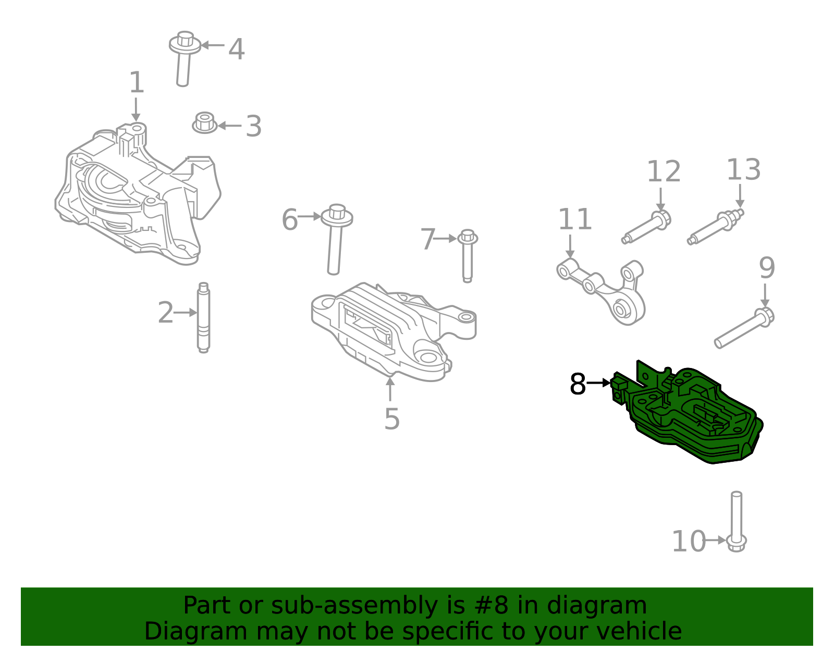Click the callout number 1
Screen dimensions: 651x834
click(x=137, y=83)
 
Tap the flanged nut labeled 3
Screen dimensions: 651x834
click(x=204, y=123)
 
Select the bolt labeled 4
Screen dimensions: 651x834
click(x=183, y=57)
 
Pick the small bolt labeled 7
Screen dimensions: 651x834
click(x=468, y=255)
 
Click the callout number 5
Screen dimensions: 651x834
click(x=391, y=419)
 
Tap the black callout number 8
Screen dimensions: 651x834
click(x=578, y=385)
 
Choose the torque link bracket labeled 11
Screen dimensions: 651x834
click(x=605, y=289)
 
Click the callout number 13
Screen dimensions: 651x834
click(x=743, y=170)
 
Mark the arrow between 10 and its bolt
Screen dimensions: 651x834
click(x=715, y=540)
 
